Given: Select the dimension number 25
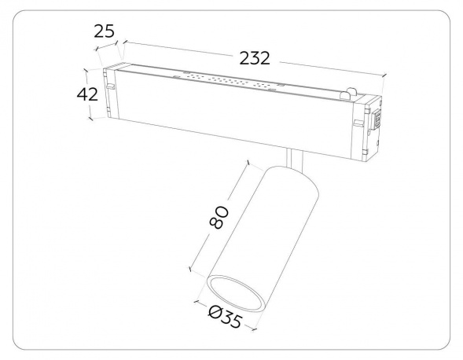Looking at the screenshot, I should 104,31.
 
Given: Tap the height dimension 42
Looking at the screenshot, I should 87,94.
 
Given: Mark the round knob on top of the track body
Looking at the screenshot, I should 346,96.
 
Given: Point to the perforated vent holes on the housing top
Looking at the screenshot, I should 228,81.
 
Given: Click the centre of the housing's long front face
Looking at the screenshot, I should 236,118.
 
